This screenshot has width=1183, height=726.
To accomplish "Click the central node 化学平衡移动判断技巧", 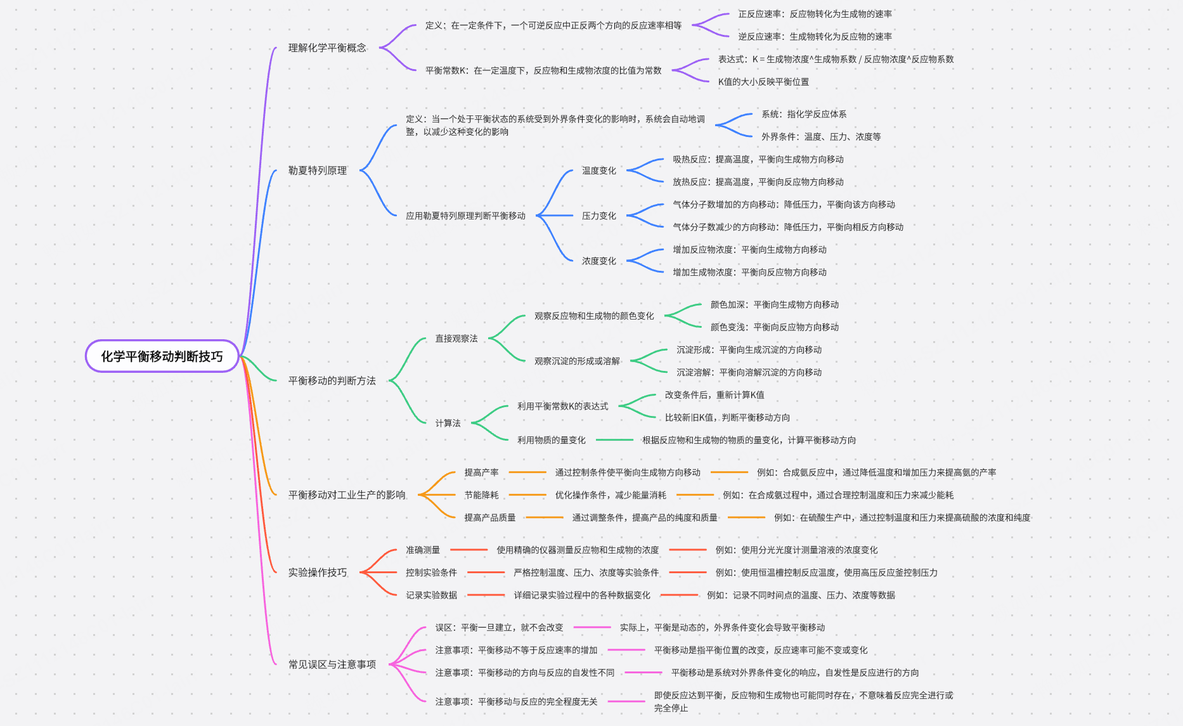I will (x=162, y=356).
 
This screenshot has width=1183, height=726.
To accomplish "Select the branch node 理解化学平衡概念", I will (x=327, y=48).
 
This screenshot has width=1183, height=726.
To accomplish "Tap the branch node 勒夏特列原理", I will (x=318, y=171).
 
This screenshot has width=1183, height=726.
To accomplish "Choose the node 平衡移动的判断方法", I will (x=332, y=381).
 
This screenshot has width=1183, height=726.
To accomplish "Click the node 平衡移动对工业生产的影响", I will (x=347, y=495).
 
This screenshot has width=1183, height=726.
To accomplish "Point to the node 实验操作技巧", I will (x=318, y=573).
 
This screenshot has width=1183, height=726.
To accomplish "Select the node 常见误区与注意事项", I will (x=332, y=664).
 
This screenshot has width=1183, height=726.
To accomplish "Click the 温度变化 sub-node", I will (x=599, y=171).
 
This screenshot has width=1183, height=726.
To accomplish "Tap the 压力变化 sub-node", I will (x=599, y=216).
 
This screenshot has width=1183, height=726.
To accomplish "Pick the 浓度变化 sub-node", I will (x=599, y=261).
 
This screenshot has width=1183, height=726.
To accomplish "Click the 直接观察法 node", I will (x=456, y=339).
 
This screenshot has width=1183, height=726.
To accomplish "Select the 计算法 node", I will (x=448, y=423).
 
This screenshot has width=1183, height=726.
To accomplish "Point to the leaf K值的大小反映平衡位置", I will (x=763, y=82).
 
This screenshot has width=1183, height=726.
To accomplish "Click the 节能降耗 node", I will (x=481, y=495).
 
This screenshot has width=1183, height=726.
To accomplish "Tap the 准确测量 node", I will (x=423, y=550).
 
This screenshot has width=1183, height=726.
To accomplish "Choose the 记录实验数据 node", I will (x=431, y=595).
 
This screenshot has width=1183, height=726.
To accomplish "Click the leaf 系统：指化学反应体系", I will (x=804, y=114).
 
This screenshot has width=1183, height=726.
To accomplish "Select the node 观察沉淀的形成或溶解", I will (x=577, y=361).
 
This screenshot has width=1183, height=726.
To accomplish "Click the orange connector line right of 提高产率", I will (x=527, y=472).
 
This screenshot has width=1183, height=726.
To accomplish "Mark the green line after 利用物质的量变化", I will (x=614, y=440).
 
